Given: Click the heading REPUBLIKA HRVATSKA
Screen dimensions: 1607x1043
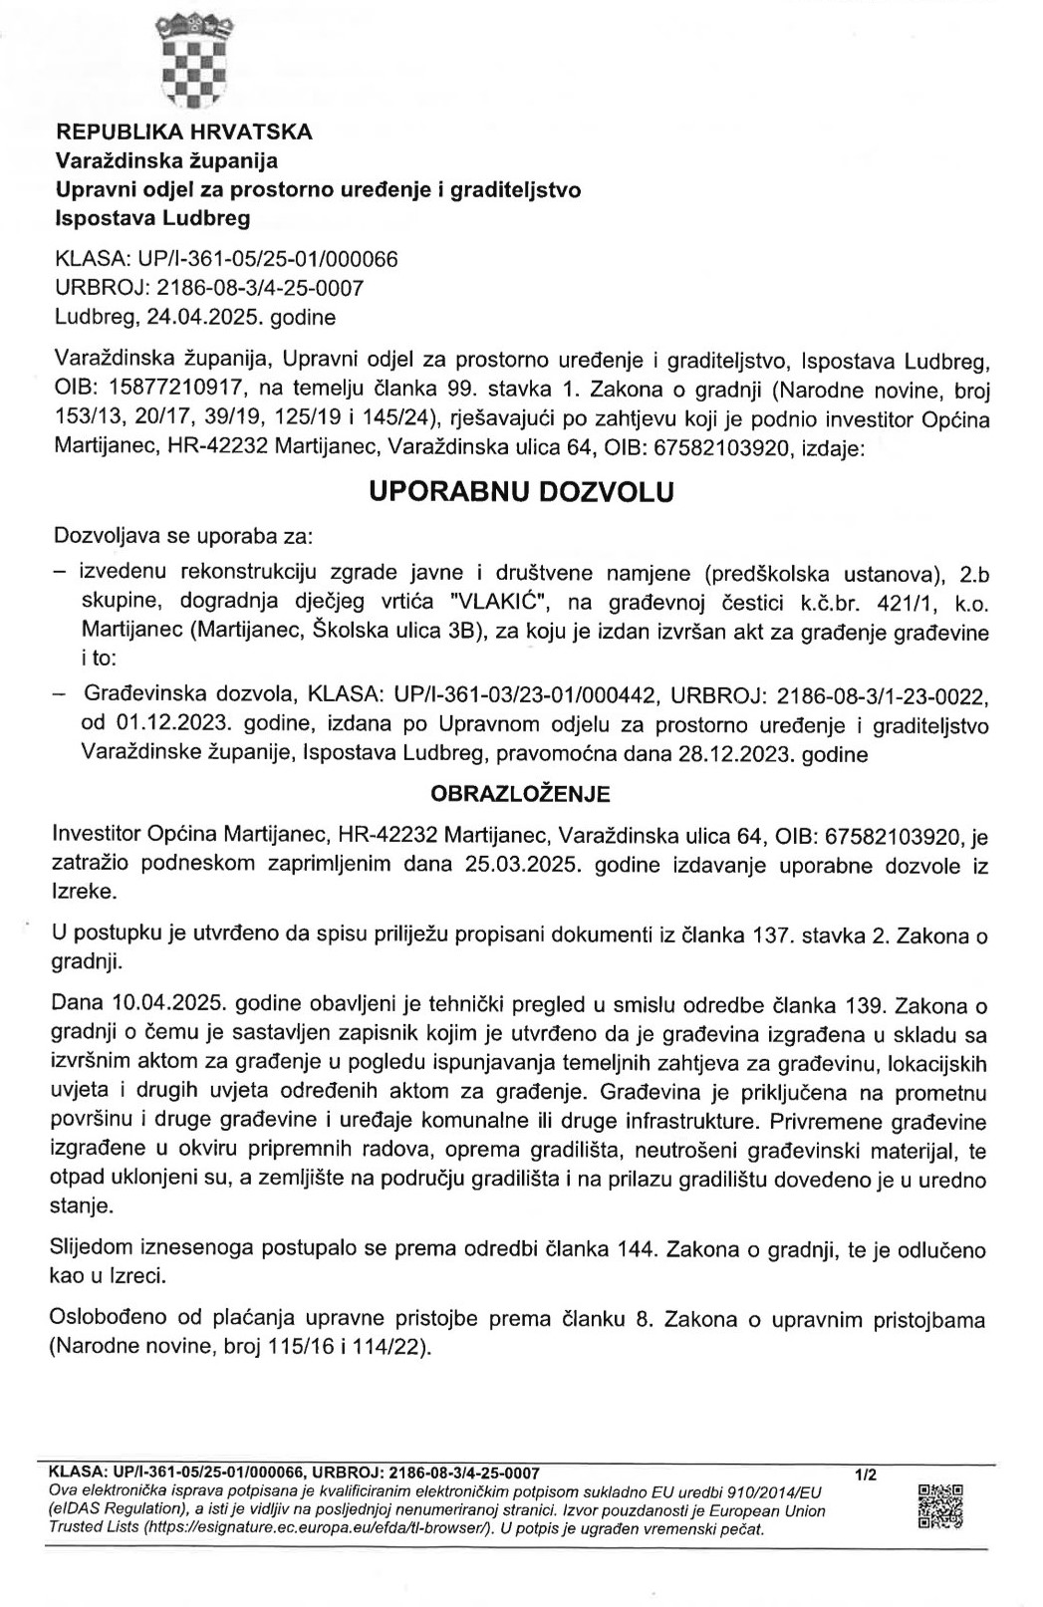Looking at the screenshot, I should click(x=183, y=132).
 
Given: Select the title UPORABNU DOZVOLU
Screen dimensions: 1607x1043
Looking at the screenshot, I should click(x=521, y=492).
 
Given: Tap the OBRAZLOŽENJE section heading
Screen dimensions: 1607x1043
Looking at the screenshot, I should click(x=519, y=794).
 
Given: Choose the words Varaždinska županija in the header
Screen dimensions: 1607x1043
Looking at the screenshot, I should click(x=166, y=159).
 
